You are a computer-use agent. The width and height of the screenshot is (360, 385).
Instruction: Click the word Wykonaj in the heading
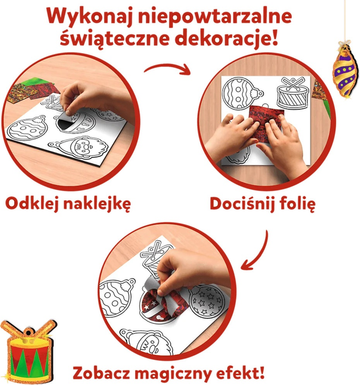[89, 16]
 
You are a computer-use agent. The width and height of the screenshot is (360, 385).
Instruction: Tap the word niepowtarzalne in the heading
[214, 16]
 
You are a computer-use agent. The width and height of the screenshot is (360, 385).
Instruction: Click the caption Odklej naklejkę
[68, 204]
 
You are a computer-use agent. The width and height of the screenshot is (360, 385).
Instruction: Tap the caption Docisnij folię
[262, 204]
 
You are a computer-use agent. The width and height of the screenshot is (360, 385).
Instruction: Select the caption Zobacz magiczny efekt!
[169, 373]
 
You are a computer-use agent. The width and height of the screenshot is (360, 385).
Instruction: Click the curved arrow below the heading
[167, 67]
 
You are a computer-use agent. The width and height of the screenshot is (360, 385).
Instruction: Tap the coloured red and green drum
[29, 353]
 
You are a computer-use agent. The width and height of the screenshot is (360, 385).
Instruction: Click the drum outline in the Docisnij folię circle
[292, 94]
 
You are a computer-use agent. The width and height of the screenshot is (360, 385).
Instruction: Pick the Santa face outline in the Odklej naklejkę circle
[79, 148]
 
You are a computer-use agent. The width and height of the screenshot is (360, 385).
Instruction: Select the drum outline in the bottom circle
[155, 255]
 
